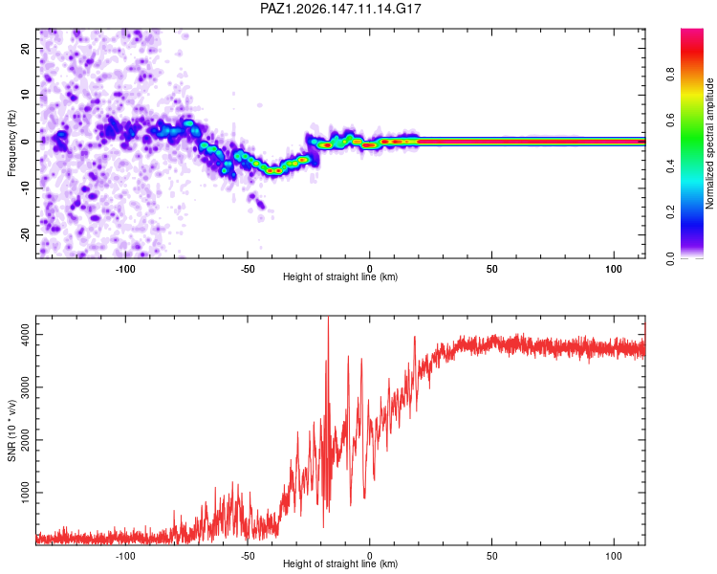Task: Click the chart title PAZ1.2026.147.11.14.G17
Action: (x=340, y=9)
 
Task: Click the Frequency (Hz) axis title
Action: (x=11, y=143)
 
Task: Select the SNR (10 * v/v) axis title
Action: (x=11, y=430)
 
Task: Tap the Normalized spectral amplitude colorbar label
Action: (x=709, y=143)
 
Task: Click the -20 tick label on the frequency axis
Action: (x=26, y=234)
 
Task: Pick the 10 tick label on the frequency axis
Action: (x=26, y=95)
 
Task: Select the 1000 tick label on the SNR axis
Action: (x=26, y=493)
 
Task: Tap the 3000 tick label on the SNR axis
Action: (x=26, y=387)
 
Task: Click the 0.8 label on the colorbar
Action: (x=670, y=74)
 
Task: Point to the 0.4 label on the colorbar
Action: (x=670, y=166)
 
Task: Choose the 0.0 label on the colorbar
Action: (x=670, y=258)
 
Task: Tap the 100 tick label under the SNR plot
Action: (x=614, y=556)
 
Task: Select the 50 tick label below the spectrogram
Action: (x=491, y=269)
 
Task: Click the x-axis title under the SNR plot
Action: (x=340, y=563)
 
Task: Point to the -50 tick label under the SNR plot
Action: (x=248, y=556)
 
